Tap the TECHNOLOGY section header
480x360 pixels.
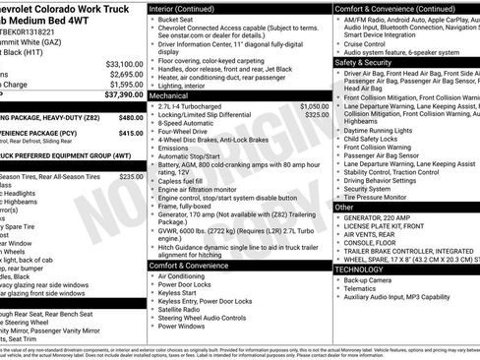359,269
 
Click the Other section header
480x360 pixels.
344,207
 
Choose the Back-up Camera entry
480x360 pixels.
369,279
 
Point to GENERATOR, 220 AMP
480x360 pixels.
383,217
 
